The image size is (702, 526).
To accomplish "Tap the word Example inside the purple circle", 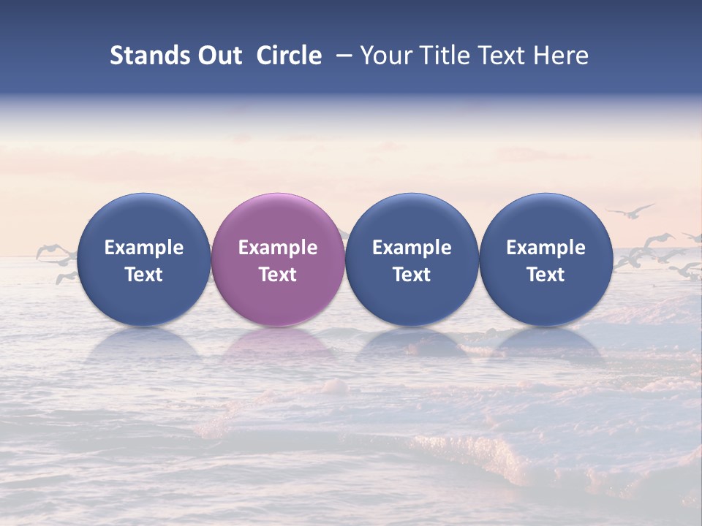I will coord(278,248).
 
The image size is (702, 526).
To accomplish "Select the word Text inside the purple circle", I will coord(278,275).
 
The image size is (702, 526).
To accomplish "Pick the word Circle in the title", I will coord(289,56).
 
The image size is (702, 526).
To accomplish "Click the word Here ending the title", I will coord(561,56).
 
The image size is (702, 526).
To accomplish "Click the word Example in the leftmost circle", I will coord(144,248).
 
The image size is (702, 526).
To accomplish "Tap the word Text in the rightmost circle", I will coord(546,275).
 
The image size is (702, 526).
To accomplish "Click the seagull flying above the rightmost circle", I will coord(630,211).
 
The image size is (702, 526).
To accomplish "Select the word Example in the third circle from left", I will coord(412,248).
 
